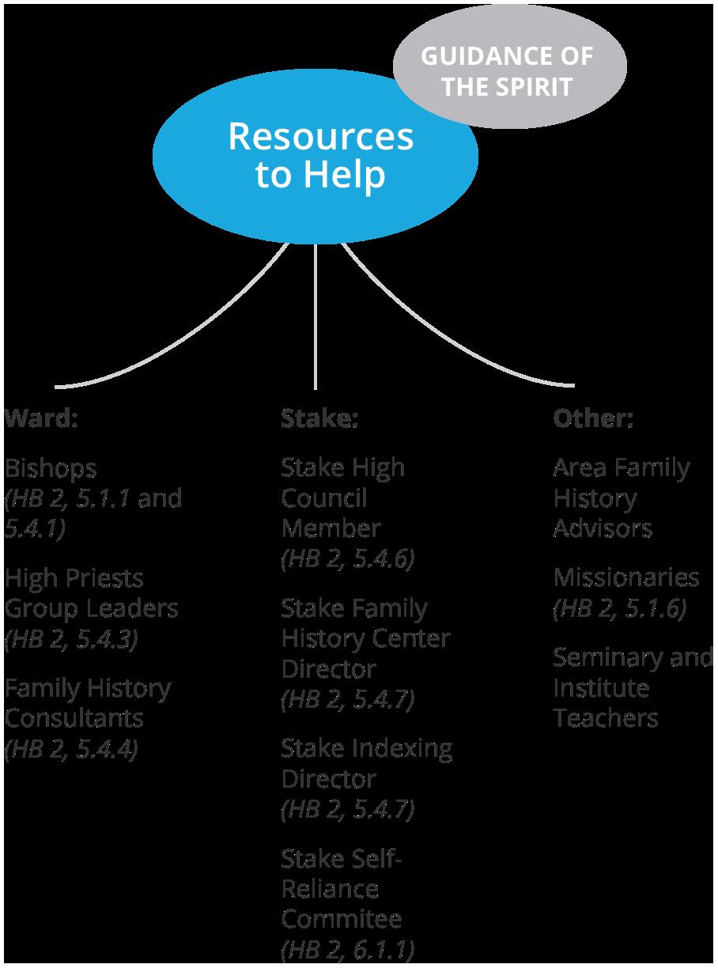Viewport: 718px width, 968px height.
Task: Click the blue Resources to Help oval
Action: click(316, 157)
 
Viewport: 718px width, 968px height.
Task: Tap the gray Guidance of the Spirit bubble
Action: click(510, 66)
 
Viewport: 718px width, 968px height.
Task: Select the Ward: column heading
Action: click(41, 418)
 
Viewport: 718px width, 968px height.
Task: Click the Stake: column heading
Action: click(319, 418)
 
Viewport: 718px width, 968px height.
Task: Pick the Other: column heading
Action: click(593, 418)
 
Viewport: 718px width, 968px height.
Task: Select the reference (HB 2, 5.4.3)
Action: click(71, 639)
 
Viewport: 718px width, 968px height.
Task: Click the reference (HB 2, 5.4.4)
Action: click(71, 750)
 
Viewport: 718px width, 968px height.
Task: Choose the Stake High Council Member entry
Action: click(343, 498)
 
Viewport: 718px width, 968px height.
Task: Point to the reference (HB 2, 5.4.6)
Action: click(348, 559)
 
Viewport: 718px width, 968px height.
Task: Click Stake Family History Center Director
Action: click(366, 638)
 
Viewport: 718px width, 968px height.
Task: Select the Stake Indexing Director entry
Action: click(367, 764)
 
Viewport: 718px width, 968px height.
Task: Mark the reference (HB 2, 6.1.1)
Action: click(348, 950)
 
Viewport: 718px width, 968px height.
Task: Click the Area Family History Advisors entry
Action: click(622, 498)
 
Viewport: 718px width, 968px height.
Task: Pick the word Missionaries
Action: click(626, 577)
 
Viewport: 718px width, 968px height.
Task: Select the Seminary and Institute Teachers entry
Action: click(633, 688)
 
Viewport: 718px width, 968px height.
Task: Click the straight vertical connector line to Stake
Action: click(316, 316)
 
